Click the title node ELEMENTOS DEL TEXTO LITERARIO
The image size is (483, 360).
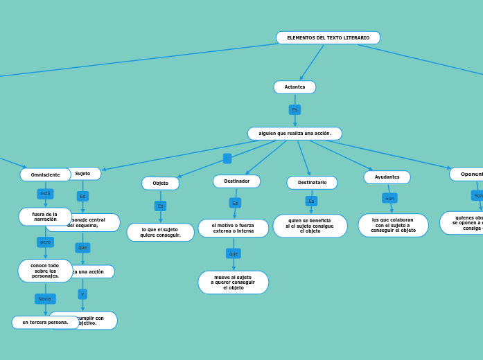coord(328,37)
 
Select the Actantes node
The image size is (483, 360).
coord(295,87)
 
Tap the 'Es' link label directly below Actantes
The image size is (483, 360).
coord(295,109)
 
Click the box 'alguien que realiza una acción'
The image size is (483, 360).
coord(295,133)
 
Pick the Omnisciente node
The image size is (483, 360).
coord(45,174)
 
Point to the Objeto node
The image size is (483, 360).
coord(160,183)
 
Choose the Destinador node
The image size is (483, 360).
coord(236,181)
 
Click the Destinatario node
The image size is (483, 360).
coord(312,183)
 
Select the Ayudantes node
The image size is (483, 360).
coord(387,177)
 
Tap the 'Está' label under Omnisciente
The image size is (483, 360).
coord(45,194)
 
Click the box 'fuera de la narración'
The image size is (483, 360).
coord(45,217)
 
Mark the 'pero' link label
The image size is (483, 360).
coord(45,242)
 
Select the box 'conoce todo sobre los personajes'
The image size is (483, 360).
coord(45,271)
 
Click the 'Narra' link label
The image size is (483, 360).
coord(45,299)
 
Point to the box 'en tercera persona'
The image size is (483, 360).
coord(45,322)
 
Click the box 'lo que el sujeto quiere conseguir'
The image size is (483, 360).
coord(160,232)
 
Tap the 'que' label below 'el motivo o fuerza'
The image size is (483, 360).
coord(234,253)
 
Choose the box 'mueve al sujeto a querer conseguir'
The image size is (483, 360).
coord(234,282)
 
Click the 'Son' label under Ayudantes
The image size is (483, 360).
coord(389,198)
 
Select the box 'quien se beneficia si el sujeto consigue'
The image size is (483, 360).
coord(310,226)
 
